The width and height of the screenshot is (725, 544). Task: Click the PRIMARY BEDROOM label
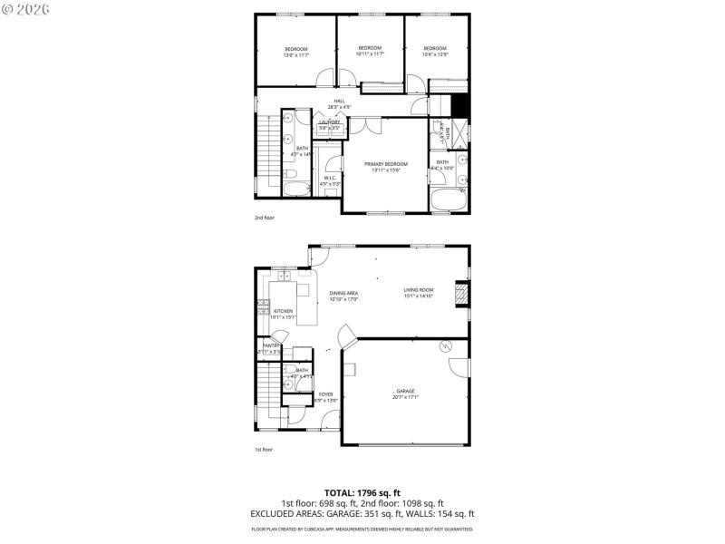pos(386,164)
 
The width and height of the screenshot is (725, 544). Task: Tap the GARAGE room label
pos(404,391)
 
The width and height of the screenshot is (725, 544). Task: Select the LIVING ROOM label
pos(419,291)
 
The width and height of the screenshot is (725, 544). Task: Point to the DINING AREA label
pos(343,294)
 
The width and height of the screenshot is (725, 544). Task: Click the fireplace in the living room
pos(460,294)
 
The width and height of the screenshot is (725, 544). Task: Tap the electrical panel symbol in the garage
pos(445,345)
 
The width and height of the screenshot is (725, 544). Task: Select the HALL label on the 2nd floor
pos(339,101)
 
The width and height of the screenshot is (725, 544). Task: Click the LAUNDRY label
pos(329,121)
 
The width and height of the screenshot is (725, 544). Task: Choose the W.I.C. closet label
pos(329,178)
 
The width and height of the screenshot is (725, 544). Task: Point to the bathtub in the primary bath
pos(447,200)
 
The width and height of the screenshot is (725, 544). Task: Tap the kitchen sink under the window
pos(282,275)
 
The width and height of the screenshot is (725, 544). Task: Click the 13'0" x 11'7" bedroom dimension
pos(296,55)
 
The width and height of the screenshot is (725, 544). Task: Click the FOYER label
pos(325,394)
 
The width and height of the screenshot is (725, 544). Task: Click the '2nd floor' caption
pos(264,219)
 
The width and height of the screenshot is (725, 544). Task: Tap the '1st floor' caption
pos(263,449)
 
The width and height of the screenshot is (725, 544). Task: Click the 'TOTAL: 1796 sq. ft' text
pos(362,492)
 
